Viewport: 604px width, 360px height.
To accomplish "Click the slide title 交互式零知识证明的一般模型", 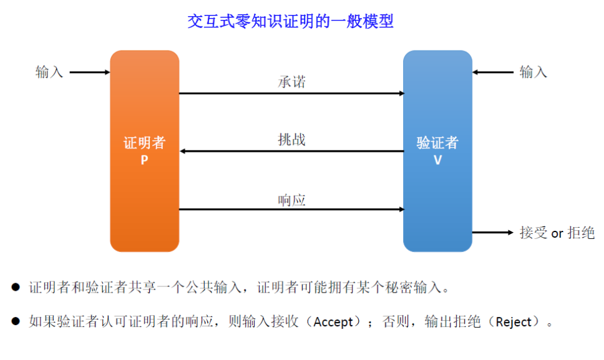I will click(291, 21).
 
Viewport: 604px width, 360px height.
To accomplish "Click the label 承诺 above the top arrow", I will click(291, 82).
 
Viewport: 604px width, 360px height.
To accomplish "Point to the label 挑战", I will click(291, 139).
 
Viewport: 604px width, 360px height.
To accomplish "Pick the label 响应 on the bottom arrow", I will click(291, 200).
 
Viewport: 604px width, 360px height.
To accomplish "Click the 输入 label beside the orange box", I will click(49, 72).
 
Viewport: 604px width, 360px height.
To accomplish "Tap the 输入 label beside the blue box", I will click(533, 72).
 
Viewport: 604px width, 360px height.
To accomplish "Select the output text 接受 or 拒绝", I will click(557, 233).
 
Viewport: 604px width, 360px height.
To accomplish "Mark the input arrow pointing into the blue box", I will click(493, 72).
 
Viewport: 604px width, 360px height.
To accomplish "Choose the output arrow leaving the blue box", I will click(492, 233).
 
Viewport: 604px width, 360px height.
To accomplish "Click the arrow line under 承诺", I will click(291, 94).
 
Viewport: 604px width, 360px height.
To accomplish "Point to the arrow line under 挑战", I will click(291, 151).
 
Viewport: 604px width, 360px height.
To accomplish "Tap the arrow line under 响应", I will click(291, 210).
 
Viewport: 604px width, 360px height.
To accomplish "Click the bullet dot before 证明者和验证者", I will click(16, 288).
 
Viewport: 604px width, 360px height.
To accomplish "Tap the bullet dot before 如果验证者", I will click(16, 322).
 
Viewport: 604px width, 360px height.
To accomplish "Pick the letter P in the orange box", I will click(144, 159).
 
